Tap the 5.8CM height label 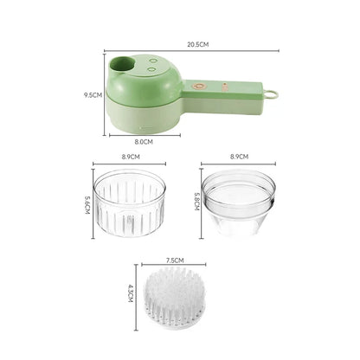pyautogui.click(x=198, y=204)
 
